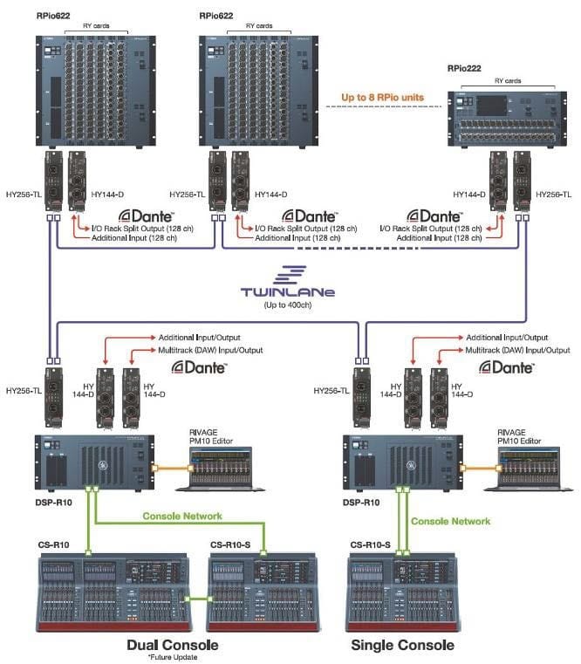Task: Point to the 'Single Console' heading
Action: pyautogui.click(x=401, y=645)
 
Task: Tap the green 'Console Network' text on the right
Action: pyautogui.click(x=450, y=521)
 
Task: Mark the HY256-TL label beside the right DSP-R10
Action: pyautogui.click(x=332, y=391)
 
